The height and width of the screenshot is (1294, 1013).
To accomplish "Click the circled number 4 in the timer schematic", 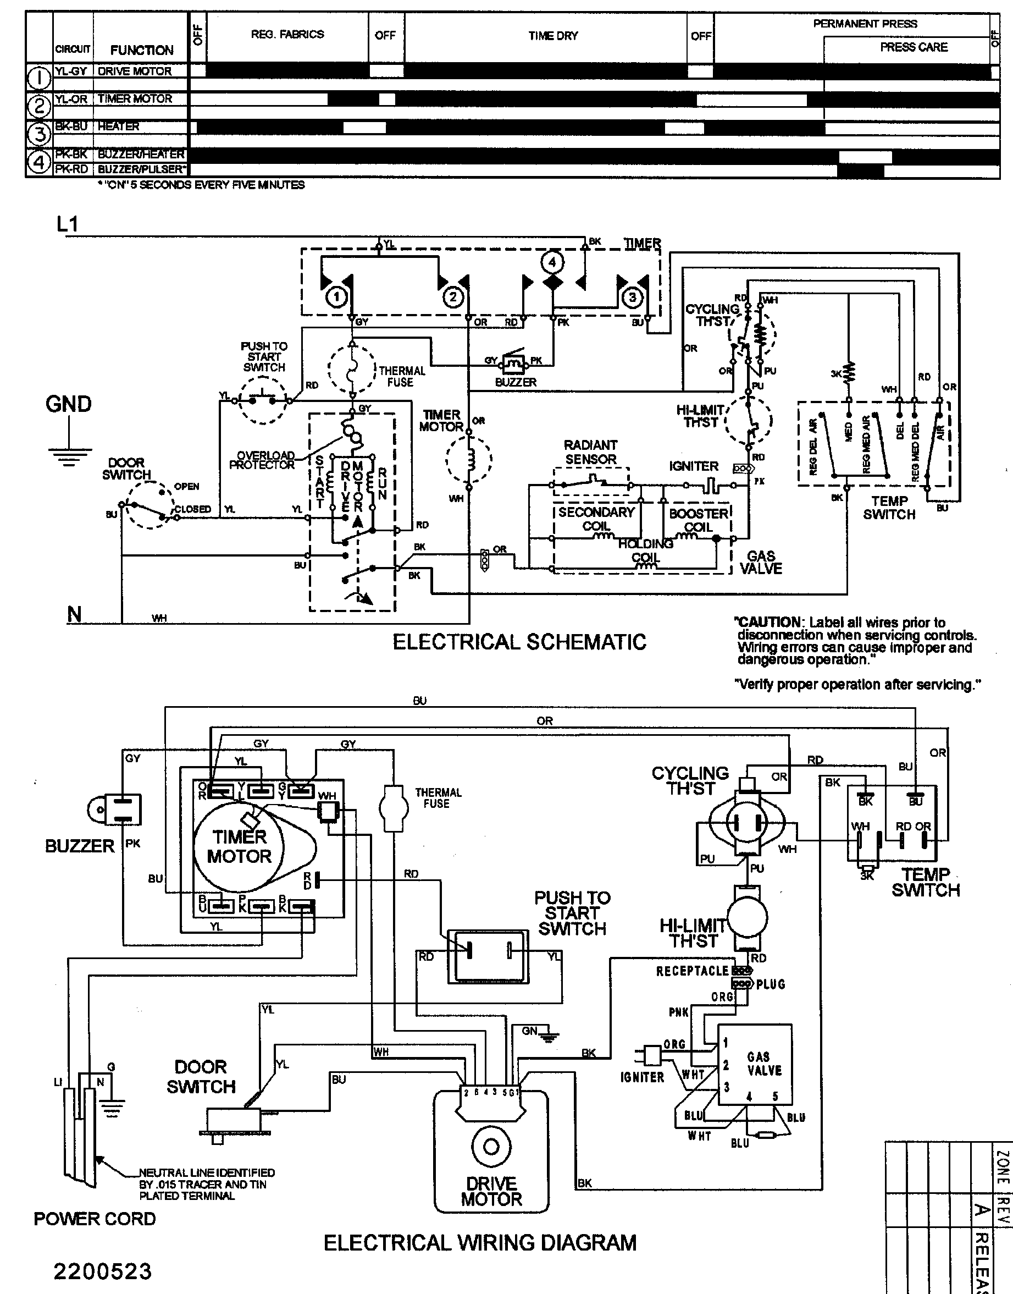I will click(552, 262).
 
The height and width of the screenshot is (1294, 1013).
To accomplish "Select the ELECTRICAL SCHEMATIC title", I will click(519, 642).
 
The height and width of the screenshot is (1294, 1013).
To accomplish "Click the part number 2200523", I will click(103, 1271).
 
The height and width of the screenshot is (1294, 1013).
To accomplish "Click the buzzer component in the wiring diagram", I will click(114, 810).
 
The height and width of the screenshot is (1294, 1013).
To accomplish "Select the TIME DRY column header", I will click(553, 36).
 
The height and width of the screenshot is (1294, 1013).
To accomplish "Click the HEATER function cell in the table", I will click(119, 126).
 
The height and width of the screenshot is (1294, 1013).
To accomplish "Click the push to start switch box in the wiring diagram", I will click(488, 956).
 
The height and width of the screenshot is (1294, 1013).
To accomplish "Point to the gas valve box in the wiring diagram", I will click(755, 1064).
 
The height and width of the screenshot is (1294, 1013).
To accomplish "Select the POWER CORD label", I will click(95, 1236).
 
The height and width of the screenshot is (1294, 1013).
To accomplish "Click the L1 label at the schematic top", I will click(68, 224).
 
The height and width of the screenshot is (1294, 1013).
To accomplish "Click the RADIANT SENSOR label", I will click(590, 452).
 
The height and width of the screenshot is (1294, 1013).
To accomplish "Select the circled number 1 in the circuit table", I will click(39, 77).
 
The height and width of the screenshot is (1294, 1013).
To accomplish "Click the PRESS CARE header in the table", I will click(914, 47).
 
